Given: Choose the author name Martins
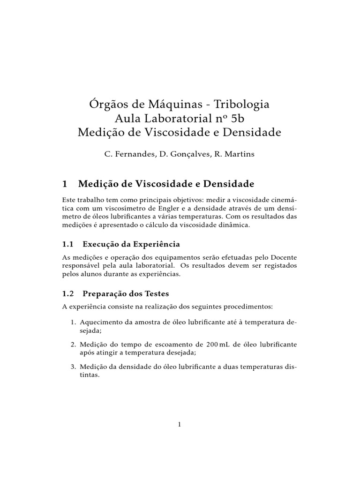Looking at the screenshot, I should (238, 154).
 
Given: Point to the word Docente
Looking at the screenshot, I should (282, 257).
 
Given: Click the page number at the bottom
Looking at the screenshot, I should (180, 425).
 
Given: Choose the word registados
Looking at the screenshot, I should (277, 266).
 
